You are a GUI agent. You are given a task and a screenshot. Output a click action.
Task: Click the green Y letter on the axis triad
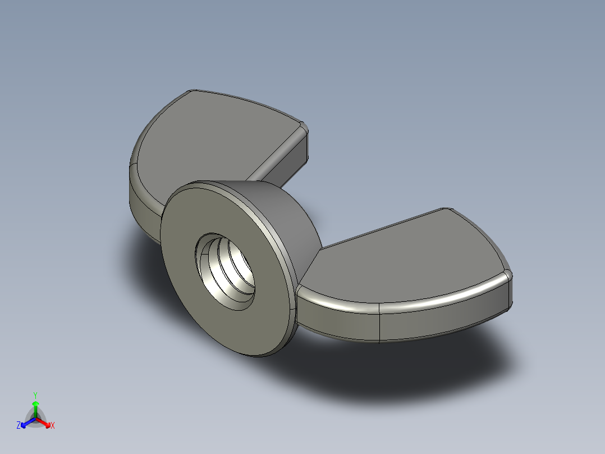[35, 394]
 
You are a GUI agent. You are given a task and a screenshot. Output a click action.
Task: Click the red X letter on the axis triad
[53, 426]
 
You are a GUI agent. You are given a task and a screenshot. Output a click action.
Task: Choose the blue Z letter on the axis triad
[19, 426]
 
